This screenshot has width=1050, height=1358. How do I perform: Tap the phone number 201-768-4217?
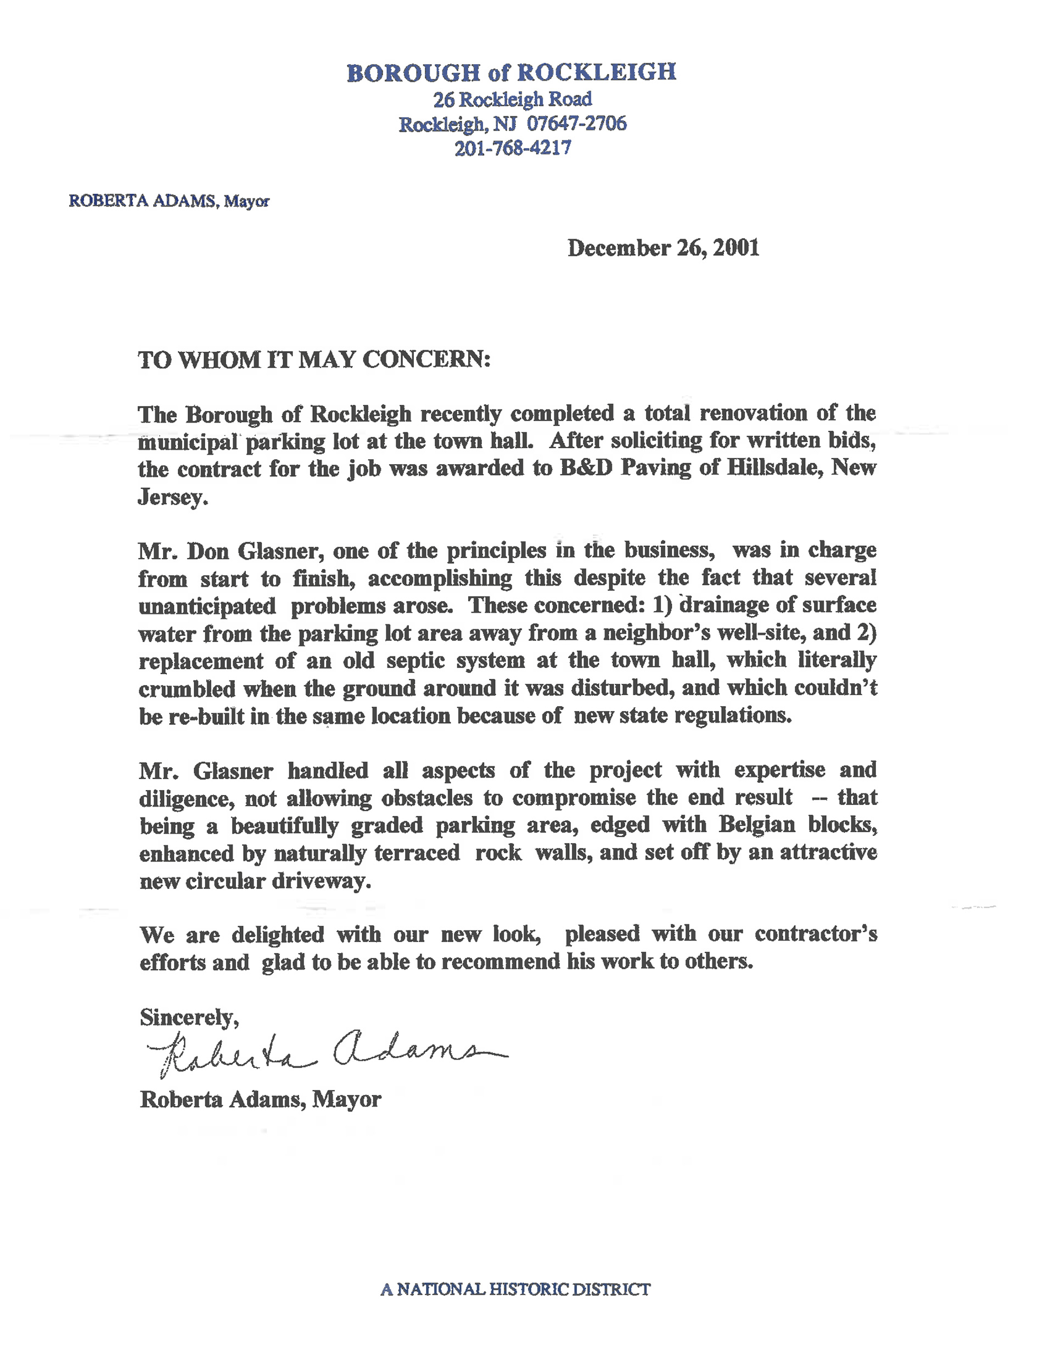pyautogui.click(x=513, y=149)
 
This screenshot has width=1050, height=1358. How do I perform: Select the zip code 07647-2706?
pyautogui.click(x=577, y=124)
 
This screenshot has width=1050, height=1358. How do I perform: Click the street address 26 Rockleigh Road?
pyautogui.click(x=513, y=99)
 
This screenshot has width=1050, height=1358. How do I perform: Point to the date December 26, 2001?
pyautogui.click(x=663, y=248)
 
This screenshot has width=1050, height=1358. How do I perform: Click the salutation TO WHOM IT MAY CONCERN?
pyautogui.click(x=314, y=360)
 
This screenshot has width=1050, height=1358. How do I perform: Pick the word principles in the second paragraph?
pyautogui.click(x=496, y=551)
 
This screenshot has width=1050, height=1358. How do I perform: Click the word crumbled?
pyautogui.click(x=187, y=689)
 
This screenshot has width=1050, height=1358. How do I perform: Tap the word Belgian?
pyautogui.click(x=757, y=825)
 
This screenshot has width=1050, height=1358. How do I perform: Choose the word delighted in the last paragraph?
pyautogui.click(x=277, y=934)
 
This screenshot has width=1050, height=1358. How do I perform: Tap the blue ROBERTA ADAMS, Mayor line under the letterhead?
pyautogui.click(x=169, y=201)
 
